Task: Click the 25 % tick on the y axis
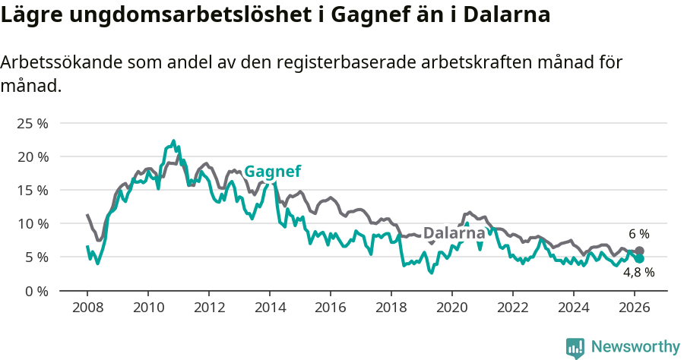[33, 123]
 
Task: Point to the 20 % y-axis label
[33, 156]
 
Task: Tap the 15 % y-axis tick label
[33, 190]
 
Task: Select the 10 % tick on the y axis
[33, 223]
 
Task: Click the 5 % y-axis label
[36, 257]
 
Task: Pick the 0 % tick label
[36, 291]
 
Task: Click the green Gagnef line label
[272, 172]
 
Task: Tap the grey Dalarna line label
[454, 233]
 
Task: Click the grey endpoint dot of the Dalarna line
[639, 251]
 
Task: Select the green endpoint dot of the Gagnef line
[639, 259]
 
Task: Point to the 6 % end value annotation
[638, 234]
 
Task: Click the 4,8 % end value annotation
[639, 273]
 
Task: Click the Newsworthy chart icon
[575, 348]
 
